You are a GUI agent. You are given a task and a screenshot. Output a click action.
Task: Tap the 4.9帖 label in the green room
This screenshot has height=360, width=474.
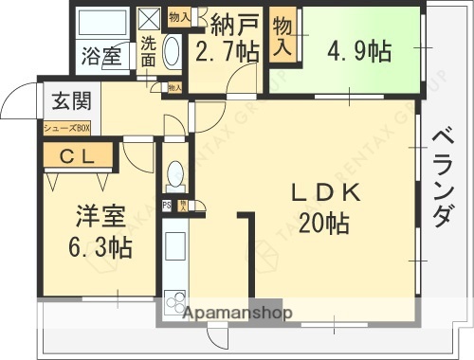[x=359, y=49]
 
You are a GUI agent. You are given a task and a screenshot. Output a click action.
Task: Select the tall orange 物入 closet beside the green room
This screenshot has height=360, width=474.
[x=283, y=37]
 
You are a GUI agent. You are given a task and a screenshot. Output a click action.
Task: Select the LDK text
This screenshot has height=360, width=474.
[x=325, y=192]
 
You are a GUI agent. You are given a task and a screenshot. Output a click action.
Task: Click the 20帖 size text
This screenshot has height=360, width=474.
[x=325, y=224]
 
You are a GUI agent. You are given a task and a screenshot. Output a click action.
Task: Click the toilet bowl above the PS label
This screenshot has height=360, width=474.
[x=175, y=173]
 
